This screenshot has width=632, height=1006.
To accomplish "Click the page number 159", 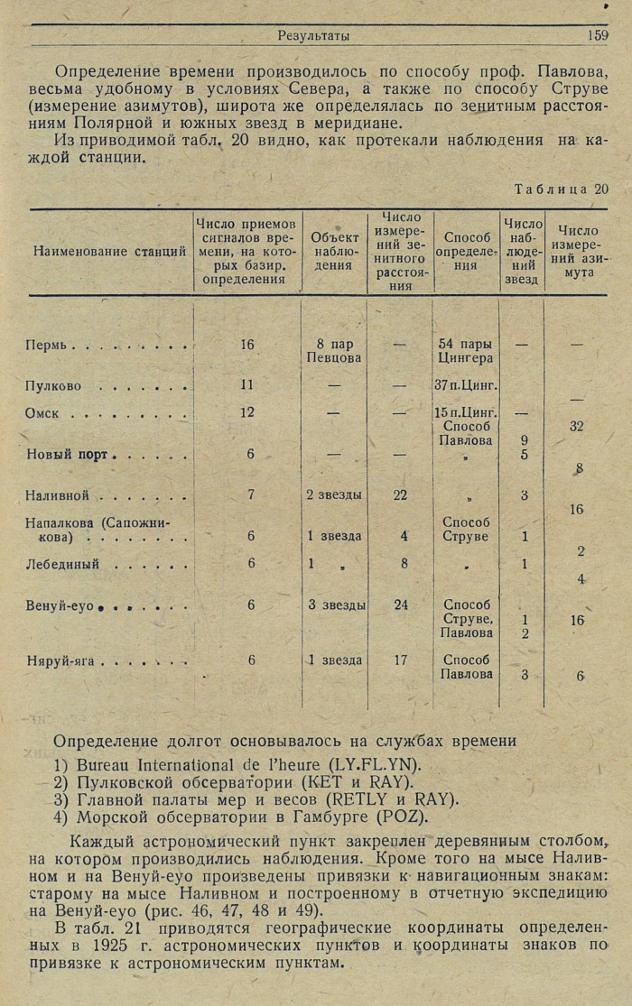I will (x=597, y=36).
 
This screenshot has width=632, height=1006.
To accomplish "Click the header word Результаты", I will (x=313, y=36).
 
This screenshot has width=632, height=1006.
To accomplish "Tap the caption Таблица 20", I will (x=562, y=189).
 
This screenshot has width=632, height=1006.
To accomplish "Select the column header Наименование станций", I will (x=110, y=253).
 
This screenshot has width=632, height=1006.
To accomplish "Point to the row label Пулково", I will (x=53, y=386).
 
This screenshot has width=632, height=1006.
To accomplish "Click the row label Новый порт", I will (x=67, y=454).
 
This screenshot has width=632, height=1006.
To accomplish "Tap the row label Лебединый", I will (x=62, y=564).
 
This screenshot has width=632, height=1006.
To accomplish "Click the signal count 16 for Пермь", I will (x=248, y=345).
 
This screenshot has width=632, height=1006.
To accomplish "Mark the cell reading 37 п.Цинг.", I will (x=466, y=386).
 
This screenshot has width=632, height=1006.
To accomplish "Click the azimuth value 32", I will (x=577, y=426).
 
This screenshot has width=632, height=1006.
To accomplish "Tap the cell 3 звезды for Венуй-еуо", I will (x=336, y=605).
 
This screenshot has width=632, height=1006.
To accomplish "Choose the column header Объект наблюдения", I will (x=335, y=252).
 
